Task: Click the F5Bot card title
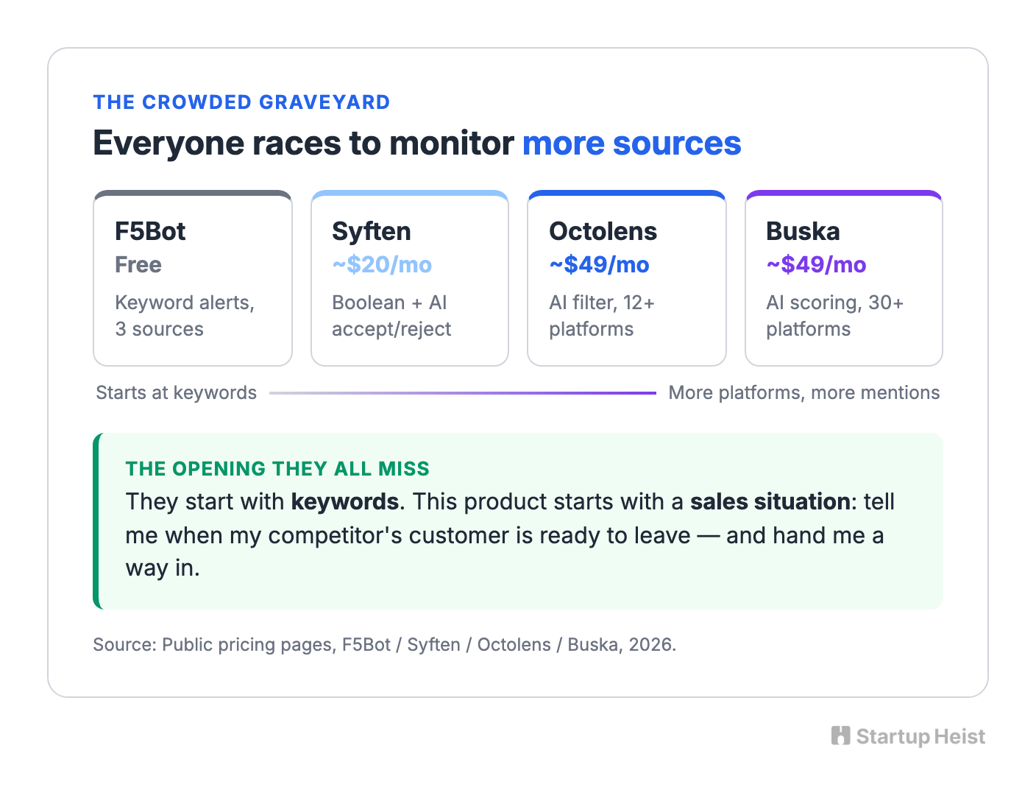pyautogui.click(x=149, y=231)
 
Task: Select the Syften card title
pyautogui.click(x=372, y=232)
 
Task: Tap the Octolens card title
pyautogui.click(x=603, y=231)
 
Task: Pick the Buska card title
pyautogui.click(x=803, y=231)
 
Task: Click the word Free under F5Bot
pyautogui.click(x=138, y=265)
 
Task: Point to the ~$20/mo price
pyautogui.click(x=382, y=265)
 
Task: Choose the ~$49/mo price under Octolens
pyautogui.click(x=599, y=265)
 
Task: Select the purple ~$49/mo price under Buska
pyautogui.click(x=816, y=265)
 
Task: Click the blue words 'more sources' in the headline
pyautogui.click(x=632, y=143)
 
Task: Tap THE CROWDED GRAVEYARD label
pyautogui.click(x=242, y=102)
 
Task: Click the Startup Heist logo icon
pyautogui.click(x=840, y=735)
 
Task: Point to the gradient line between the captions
pyautogui.click(x=463, y=393)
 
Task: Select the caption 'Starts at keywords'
pyautogui.click(x=177, y=393)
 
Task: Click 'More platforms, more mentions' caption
pyautogui.click(x=803, y=393)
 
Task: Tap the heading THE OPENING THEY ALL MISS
pyautogui.click(x=277, y=469)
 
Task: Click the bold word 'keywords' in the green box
pyautogui.click(x=345, y=502)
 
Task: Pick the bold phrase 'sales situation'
pyautogui.click(x=770, y=502)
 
